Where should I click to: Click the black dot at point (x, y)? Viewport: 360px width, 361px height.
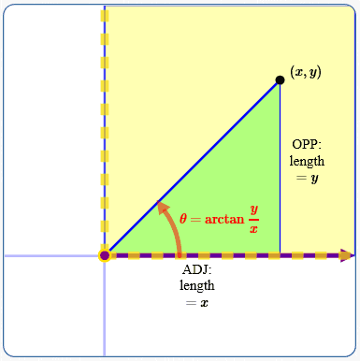coord(280,80)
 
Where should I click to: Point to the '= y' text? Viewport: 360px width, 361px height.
coord(307,177)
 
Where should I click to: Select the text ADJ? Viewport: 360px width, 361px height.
coord(196,271)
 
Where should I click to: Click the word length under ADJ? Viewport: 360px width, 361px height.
coord(196,286)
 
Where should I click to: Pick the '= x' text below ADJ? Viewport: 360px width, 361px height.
coord(196,302)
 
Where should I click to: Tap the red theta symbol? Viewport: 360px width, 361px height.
coord(184,218)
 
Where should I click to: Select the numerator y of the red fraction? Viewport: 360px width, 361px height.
coord(253,210)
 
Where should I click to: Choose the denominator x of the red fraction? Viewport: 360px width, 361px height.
coord(253,229)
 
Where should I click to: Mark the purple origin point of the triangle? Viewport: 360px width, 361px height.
coord(105,254)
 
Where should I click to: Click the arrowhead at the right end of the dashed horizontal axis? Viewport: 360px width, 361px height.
coord(347,254)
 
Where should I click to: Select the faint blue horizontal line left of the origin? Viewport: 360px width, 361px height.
coord(51,254)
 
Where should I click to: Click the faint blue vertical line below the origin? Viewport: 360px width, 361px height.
coord(105,309)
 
